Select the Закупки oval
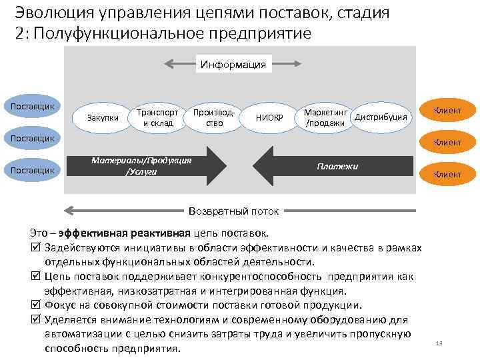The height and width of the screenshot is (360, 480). tap(103, 117)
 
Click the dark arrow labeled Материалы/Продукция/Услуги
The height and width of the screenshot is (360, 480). tap(151, 165)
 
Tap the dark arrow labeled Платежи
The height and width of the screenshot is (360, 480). tap(333, 165)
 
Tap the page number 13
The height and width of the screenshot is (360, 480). tap(438, 343)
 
